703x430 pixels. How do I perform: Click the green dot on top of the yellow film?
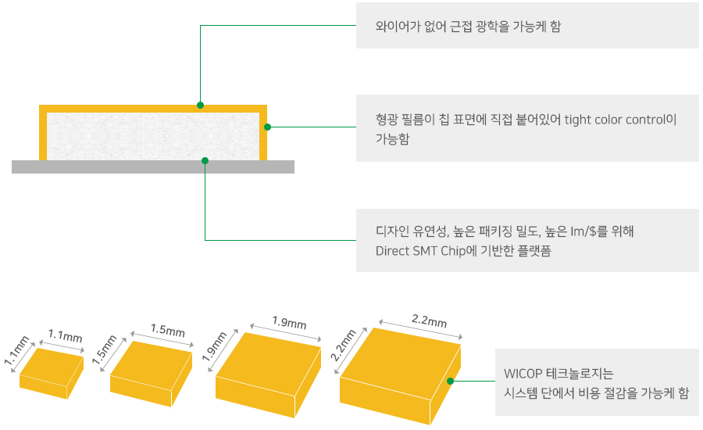click(x=201, y=105)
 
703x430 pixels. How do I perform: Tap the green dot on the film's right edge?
click(x=267, y=127)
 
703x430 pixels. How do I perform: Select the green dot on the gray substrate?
click(x=205, y=161)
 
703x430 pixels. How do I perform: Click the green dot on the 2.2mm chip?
click(x=450, y=381)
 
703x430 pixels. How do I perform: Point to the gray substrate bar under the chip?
click(x=153, y=167)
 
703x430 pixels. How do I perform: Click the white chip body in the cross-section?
click(x=153, y=137)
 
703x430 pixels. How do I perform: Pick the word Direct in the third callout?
click(x=392, y=251)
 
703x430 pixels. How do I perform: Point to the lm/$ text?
click(x=583, y=231)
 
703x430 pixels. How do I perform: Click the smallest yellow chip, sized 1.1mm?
click(x=52, y=374)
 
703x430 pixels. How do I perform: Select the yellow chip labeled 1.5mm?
click(x=151, y=374)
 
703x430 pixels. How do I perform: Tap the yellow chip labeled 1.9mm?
click(x=268, y=375)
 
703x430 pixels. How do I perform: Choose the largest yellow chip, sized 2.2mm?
click(x=400, y=376)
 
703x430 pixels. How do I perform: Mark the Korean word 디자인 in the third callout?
click(x=392, y=231)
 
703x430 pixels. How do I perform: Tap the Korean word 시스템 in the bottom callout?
click(x=520, y=393)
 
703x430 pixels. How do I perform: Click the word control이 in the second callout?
click(x=651, y=120)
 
